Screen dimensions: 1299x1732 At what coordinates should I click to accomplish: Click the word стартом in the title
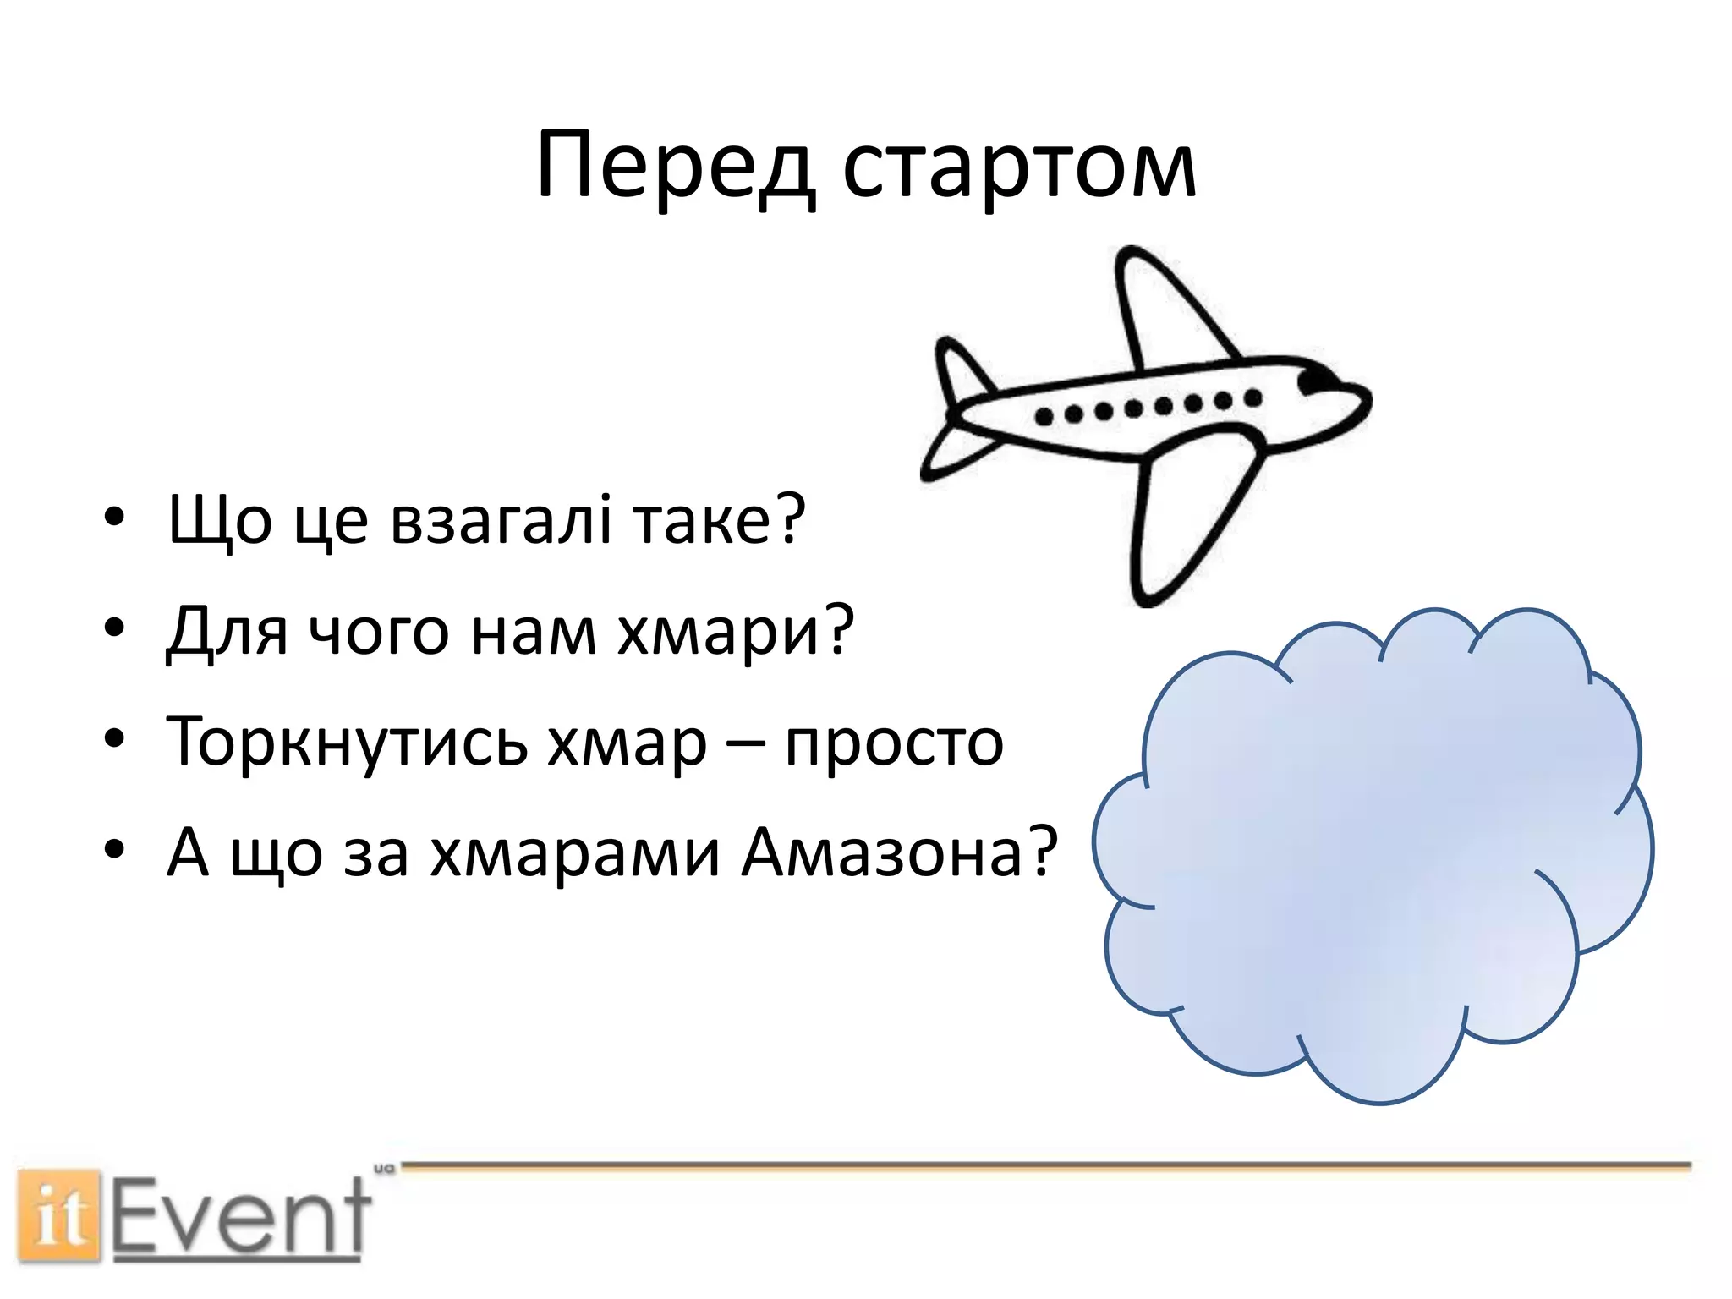(1019, 169)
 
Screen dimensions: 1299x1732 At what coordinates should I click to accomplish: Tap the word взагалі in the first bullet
(500, 519)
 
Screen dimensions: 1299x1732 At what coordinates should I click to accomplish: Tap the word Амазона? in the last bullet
(899, 852)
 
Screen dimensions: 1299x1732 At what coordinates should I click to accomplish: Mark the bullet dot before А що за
(114, 849)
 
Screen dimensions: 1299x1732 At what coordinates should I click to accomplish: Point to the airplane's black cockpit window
(1314, 381)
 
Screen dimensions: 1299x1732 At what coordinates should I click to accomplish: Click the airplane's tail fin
(960, 372)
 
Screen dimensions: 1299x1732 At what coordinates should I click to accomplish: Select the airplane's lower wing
(1184, 516)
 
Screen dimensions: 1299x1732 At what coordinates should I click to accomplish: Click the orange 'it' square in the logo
(58, 1217)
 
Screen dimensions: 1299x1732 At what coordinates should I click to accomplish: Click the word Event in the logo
(241, 1217)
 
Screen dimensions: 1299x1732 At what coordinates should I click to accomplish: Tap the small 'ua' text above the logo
(384, 1170)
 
